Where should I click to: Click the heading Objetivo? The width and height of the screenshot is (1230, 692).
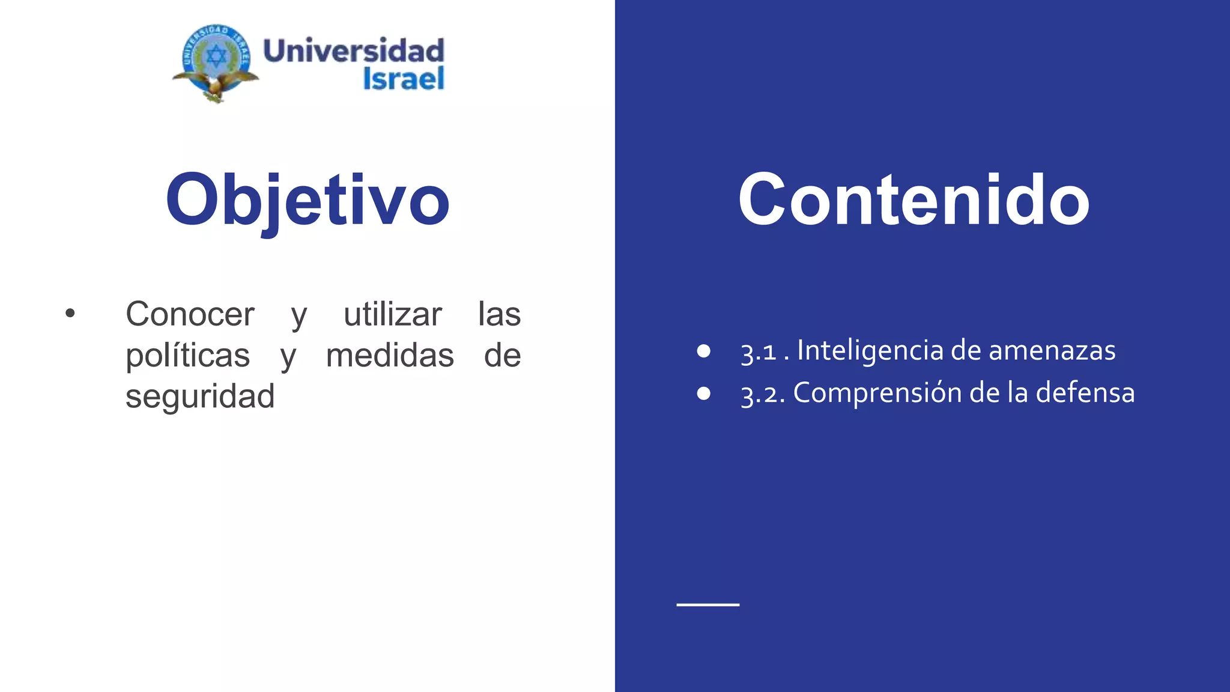(307, 200)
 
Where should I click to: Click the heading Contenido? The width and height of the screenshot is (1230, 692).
(913, 200)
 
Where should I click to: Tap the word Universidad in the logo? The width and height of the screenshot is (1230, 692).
(354, 51)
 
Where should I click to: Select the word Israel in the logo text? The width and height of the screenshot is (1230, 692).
(404, 79)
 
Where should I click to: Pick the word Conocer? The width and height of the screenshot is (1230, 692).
(190, 314)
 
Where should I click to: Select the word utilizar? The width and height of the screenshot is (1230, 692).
(393, 314)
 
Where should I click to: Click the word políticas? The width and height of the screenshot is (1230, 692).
(187, 355)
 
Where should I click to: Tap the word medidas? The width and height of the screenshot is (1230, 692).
(390, 355)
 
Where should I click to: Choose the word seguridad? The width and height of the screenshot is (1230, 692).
(200, 396)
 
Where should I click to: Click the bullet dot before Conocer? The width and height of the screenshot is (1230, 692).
(70, 313)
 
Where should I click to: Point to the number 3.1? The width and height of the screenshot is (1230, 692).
(759, 352)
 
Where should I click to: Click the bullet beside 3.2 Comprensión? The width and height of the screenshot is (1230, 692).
(704, 393)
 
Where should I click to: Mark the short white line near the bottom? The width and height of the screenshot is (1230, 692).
(708, 605)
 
